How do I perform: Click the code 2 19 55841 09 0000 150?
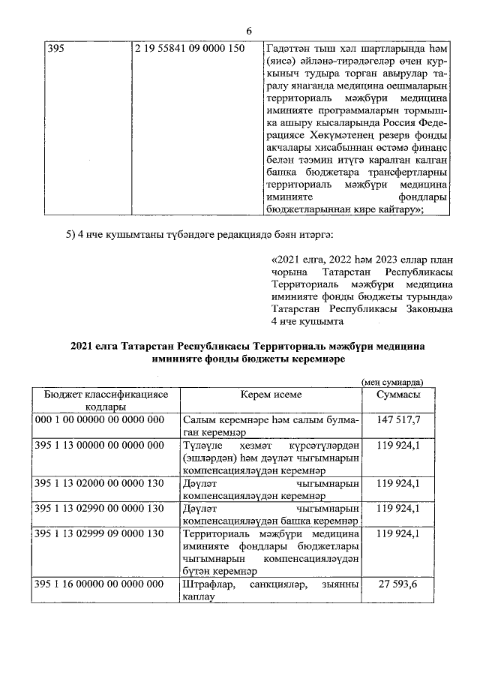click(x=187, y=49)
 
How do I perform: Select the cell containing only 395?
click(x=55, y=49)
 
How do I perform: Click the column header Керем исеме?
click(x=271, y=395)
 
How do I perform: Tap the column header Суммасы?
click(x=398, y=395)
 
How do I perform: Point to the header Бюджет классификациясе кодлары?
click(x=105, y=401)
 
